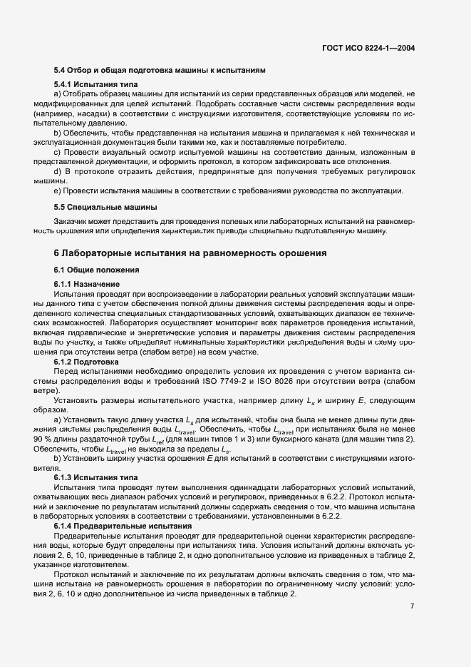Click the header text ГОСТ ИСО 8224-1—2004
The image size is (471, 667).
tap(368, 49)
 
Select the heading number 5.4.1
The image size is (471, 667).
tap(65, 84)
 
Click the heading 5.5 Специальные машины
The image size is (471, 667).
tap(105, 208)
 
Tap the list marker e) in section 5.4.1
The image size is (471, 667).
tap(57, 190)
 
